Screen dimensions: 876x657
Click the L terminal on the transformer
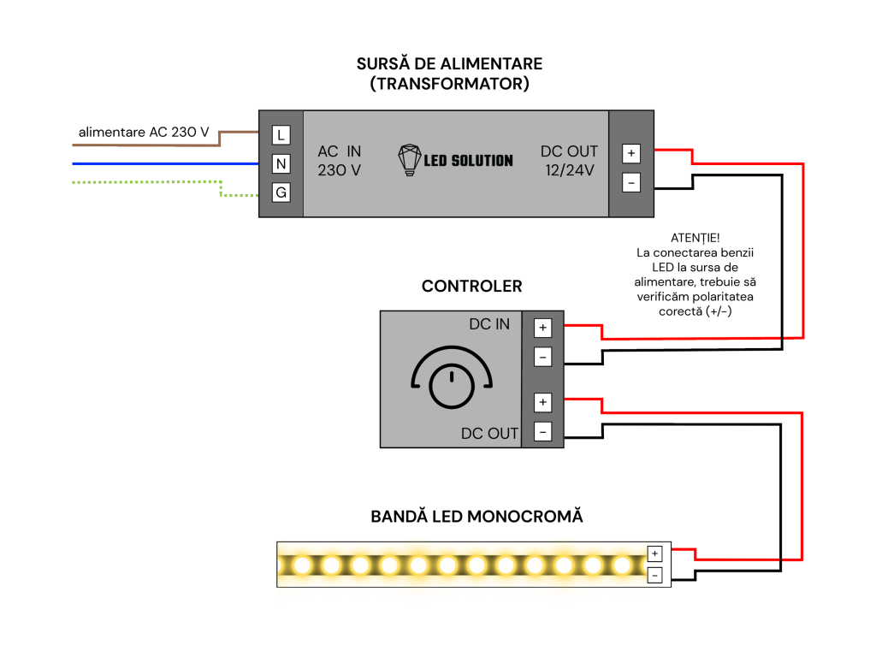click(281, 134)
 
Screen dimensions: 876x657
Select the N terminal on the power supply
click(281, 163)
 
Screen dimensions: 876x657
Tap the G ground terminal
click(281, 192)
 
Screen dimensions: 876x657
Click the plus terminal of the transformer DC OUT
click(631, 153)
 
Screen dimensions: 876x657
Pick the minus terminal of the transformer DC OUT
click(631, 183)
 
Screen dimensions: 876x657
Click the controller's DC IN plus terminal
click(542, 328)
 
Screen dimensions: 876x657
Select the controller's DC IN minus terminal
click(542, 357)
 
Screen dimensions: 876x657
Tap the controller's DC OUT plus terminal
click(542, 402)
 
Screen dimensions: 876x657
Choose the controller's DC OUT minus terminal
click(542, 432)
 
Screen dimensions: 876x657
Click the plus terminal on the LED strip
click(654, 553)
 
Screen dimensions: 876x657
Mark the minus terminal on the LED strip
click(654, 576)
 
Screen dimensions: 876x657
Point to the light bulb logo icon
click(409, 160)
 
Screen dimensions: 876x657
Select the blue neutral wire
click(165, 163)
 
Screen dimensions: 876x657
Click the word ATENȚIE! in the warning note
click(695, 238)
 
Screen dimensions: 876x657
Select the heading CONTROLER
click(471, 286)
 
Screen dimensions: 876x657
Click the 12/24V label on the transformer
click(569, 170)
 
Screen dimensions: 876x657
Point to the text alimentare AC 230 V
click(144, 133)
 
